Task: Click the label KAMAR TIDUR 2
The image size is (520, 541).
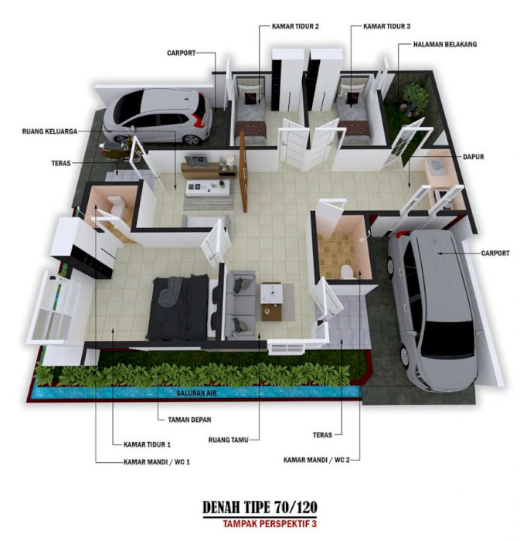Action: pyautogui.click(x=295, y=26)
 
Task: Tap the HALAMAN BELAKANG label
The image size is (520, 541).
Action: pyautogui.click(x=445, y=44)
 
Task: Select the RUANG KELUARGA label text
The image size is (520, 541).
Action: pyautogui.click(x=49, y=131)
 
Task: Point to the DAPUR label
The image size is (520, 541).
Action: pyautogui.click(x=473, y=157)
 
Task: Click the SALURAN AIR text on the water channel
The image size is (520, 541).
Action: pyautogui.click(x=196, y=393)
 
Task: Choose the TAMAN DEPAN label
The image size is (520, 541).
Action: pyautogui.click(x=189, y=420)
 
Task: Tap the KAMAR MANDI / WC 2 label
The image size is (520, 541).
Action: pyautogui.click(x=317, y=460)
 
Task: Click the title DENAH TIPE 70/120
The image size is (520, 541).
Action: pyautogui.click(x=260, y=507)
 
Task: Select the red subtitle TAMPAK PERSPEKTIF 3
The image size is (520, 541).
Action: pyautogui.click(x=270, y=524)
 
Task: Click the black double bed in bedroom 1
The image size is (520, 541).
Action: pyautogui.click(x=178, y=307)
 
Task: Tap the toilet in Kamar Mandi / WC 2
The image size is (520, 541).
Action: pyautogui.click(x=347, y=272)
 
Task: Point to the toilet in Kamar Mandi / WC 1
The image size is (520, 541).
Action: pyautogui.click(x=116, y=203)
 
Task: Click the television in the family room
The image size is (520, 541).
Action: pyautogui.click(x=195, y=161)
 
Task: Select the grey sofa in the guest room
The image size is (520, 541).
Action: pyautogui.click(x=241, y=305)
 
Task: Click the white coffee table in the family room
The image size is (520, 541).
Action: pyautogui.click(x=207, y=188)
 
